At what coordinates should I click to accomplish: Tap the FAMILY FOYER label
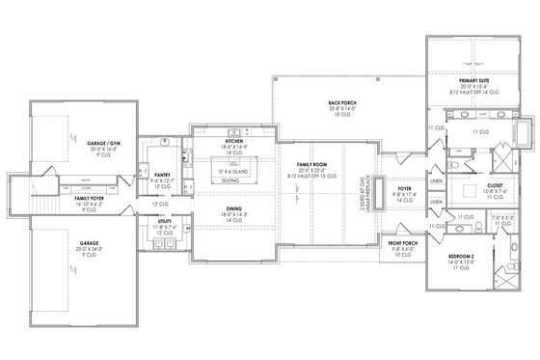point(90,198)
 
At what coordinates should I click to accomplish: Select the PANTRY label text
point(162,175)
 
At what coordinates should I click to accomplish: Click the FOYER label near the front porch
point(403,188)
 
